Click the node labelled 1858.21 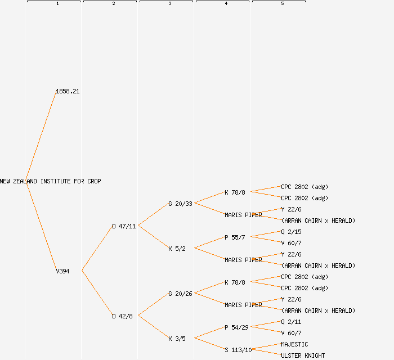(x=68, y=91)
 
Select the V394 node (x=62, y=271)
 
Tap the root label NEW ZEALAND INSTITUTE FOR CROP (x=51, y=181)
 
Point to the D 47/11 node (x=124, y=226)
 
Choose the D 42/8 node (x=122, y=316)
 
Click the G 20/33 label (x=180, y=204)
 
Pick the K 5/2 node (x=177, y=249)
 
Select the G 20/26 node (x=180, y=294)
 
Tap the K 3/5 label (x=177, y=339)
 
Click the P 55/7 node (x=235, y=237)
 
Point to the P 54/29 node (x=236, y=327)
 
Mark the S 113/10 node (x=238, y=350)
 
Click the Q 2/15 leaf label (x=291, y=232)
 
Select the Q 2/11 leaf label (x=291, y=322)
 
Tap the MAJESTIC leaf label (x=294, y=344)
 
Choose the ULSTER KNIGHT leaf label (x=303, y=355)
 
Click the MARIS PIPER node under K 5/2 (x=243, y=260)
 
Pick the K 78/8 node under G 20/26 (x=235, y=282)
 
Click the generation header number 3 (x=170, y=4)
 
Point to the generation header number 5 (x=283, y=4)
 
